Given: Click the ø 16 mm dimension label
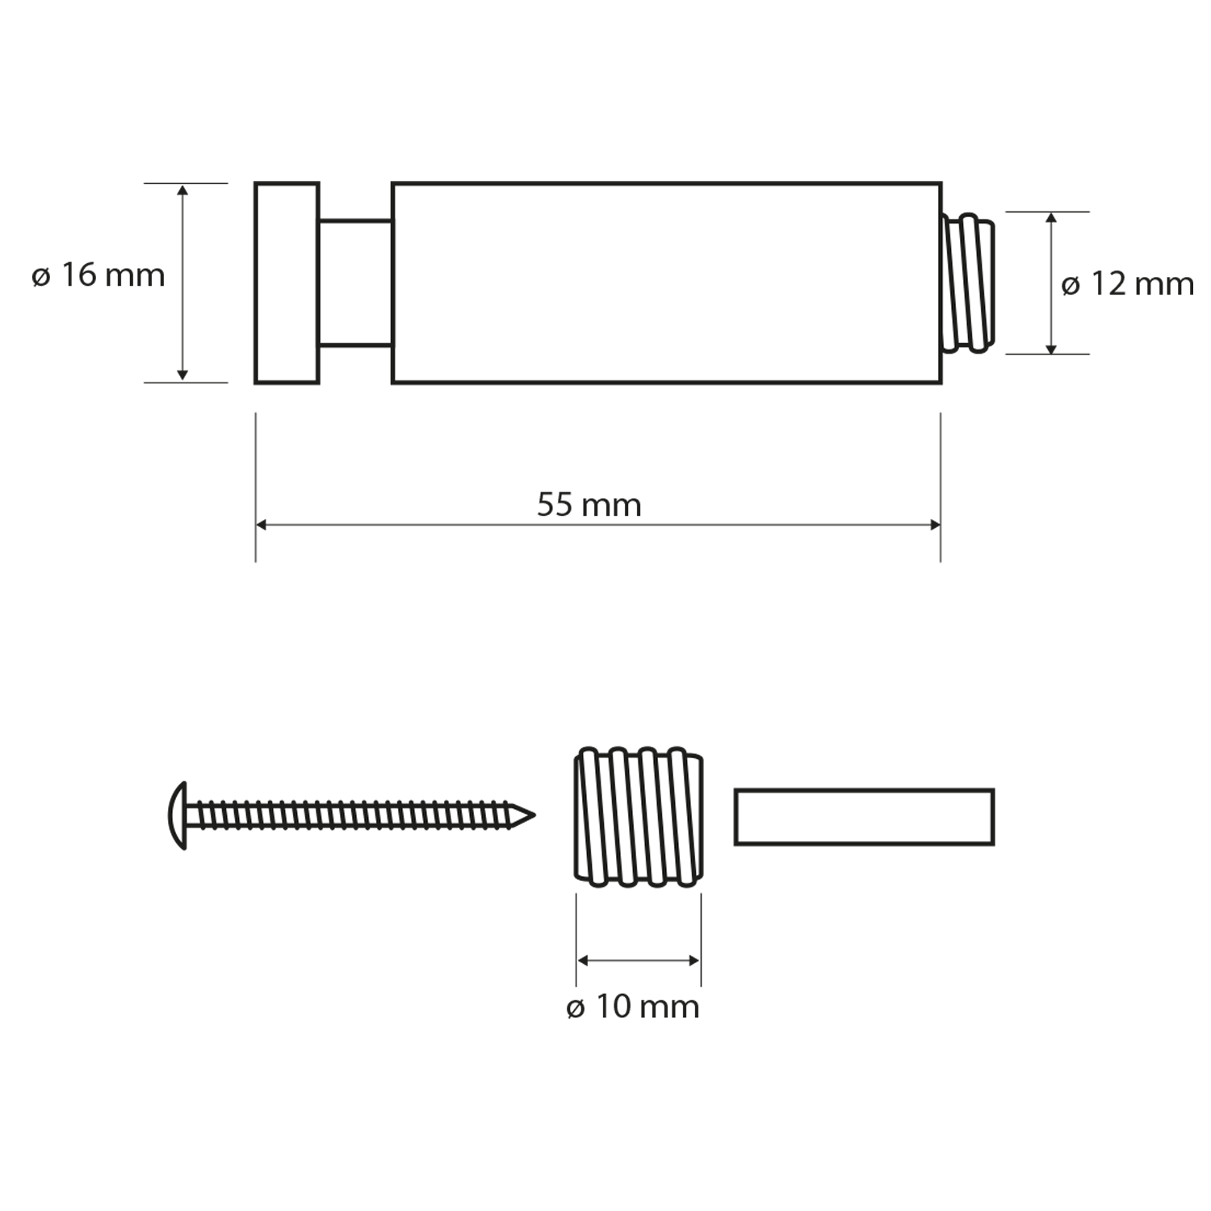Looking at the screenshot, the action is pyautogui.click(x=98, y=275).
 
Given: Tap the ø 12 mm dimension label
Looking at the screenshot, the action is pyautogui.click(x=1128, y=284).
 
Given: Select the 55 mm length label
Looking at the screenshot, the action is pyautogui.click(x=589, y=505).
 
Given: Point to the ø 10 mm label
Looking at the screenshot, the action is pyautogui.click(x=633, y=1007).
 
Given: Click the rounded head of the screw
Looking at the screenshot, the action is pyautogui.click(x=178, y=815).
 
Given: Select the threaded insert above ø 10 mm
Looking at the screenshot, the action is pyautogui.click(x=639, y=817).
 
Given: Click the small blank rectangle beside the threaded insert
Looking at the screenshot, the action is pyautogui.click(x=864, y=817).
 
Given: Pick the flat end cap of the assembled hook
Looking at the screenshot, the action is pyautogui.click(x=287, y=283).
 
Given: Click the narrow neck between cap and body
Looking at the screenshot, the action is pyautogui.click(x=356, y=283).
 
